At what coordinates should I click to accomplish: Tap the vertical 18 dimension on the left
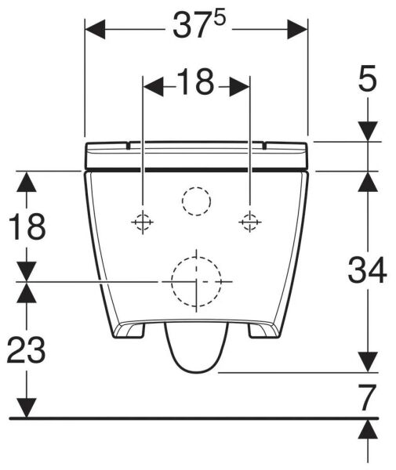[x=27, y=227]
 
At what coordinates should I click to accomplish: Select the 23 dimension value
[x=27, y=349]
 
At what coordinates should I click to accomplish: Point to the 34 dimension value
[x=368, y=272]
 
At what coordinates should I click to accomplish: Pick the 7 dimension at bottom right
[x=368, y=397]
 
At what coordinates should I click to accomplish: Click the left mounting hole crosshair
[x=142, y=222]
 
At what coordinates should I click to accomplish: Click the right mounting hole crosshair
[x=249, y=222]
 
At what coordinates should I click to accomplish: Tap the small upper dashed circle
[x=196, y=202]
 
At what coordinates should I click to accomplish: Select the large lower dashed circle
[x=196, y=280]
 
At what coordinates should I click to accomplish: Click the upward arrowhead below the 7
[x=368, y=428]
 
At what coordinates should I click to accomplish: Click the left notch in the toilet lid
[x=130, y=144]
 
